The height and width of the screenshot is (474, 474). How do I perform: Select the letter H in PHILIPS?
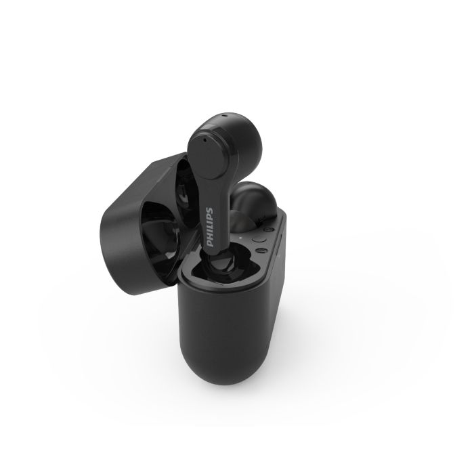point(209,237)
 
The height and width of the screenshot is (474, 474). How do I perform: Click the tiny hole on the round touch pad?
point(204,140)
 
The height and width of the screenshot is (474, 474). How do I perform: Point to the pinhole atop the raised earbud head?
point(224,115)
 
